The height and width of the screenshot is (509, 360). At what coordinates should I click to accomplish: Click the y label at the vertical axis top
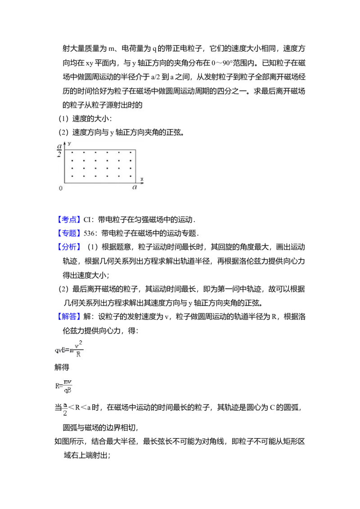click(x=69, y=143)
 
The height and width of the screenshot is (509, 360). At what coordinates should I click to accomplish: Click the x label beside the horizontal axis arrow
click(x=142, y=179)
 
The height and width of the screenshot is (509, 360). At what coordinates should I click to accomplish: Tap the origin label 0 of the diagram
click(x=60, y=188)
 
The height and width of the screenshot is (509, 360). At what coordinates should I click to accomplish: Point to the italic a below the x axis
click(x=135, y=188)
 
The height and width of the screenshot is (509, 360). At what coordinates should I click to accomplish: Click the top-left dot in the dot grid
click(x=72, y=153)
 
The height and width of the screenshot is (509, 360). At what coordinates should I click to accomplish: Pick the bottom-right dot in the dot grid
click(x=130, y=176)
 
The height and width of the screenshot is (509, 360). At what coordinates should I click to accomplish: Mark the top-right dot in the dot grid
click(x=130, y=153)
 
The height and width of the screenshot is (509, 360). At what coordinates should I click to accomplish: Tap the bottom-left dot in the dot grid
click(x=72, y=176)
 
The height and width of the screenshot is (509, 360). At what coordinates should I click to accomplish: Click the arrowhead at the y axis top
click(x=65, y=143)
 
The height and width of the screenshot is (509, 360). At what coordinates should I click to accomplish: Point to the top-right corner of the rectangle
click(x=135, y=150)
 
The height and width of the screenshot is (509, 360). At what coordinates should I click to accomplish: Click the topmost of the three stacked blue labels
click(x=70, y=219)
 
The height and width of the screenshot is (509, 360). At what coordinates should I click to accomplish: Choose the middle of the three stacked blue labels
click(x=70, y=233)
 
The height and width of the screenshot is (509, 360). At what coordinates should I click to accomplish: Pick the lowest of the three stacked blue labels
click(x=70, y=246)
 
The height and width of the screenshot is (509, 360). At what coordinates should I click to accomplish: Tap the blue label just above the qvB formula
click(x=70, y=316)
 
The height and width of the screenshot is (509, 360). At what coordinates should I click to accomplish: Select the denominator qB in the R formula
click(x=67, y=390)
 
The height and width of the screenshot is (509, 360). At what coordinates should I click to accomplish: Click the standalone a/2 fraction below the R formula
click(x=65, y=409)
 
